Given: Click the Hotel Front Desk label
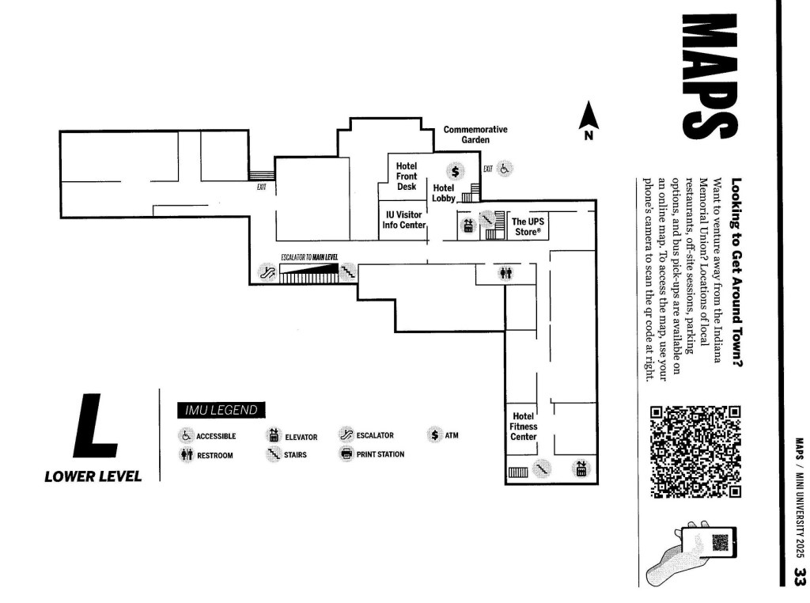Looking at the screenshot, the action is click(407, 176).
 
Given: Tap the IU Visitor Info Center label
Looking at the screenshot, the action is click(404, 220).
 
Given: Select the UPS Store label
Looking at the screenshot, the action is click(528, 226).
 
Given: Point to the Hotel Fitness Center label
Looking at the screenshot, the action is click(524, 427).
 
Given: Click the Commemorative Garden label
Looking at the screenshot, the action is click(475, 135).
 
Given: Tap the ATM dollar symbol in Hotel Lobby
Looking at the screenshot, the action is click(455, 171).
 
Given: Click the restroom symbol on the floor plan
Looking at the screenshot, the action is click(505, 272).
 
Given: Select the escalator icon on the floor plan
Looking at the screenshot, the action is click(267, 271).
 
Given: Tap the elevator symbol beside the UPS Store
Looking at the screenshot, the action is click(468, 226).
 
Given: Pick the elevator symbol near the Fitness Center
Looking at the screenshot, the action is click(581, 468).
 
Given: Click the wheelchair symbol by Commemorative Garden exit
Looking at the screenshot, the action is click(505, 169).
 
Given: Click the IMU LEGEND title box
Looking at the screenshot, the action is click(221, 410).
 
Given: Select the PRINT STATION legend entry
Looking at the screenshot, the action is click(372, 454).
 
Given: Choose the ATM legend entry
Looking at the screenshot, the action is click(443, 435).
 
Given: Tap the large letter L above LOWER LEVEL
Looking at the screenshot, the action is click(95, 426).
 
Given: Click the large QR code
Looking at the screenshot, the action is click(695, 452).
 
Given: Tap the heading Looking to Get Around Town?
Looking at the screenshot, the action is click(736, 272).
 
